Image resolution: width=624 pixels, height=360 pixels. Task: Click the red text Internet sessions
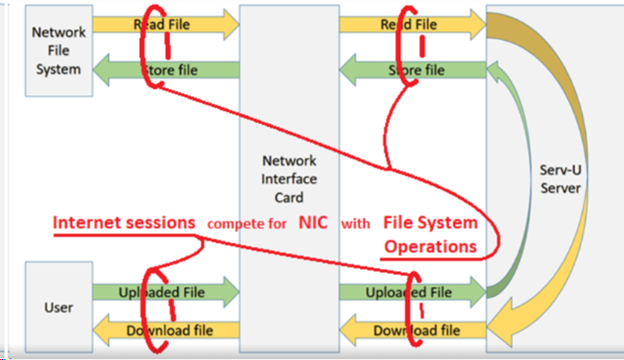tap(124, 223)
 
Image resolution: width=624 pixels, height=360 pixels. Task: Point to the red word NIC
tap(313, 224)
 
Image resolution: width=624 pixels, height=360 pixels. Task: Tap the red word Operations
tap(431, 246)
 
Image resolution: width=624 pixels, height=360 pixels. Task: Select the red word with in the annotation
tap(354, 225)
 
